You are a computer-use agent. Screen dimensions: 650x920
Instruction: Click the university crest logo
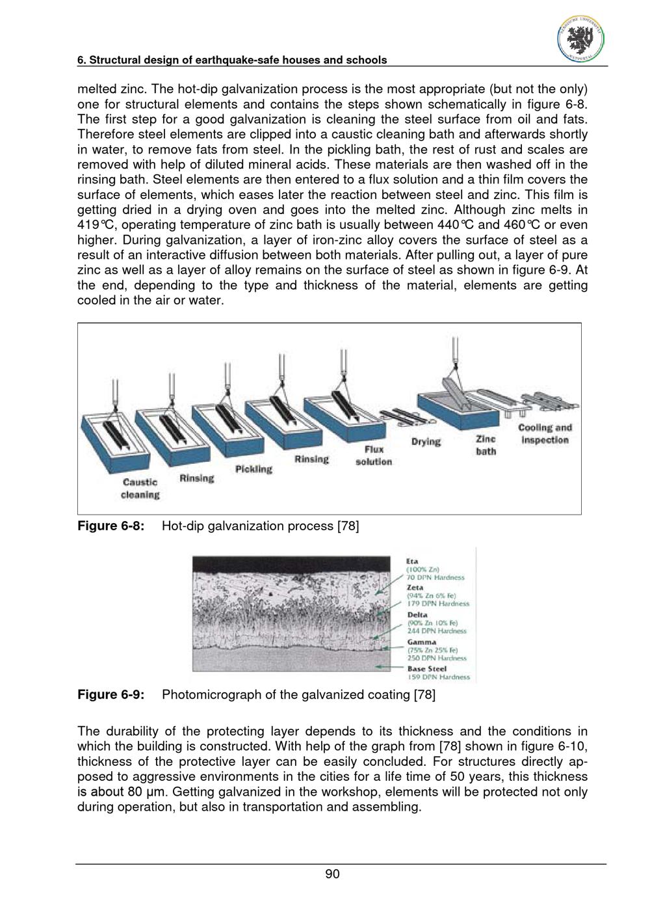click(x=580, y=40)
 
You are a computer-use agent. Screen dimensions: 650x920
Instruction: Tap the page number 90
click(x=332, y=874)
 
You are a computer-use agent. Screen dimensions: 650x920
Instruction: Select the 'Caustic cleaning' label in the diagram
click(x=140, y=489)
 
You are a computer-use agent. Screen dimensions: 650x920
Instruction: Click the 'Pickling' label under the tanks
click(x=253, y=469)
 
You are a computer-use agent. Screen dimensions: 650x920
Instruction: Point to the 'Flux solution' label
click(x=373, y=455)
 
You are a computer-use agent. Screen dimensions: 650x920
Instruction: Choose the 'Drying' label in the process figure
click(x=426, y=442)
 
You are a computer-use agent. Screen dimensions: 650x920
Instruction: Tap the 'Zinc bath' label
click(x=486, y=445)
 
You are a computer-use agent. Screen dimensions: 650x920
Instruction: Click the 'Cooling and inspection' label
click(x=545, y=434)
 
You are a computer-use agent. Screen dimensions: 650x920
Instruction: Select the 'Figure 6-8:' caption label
click(x=110, y=526)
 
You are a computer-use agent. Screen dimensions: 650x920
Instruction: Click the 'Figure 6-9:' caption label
click(x=110, y=694)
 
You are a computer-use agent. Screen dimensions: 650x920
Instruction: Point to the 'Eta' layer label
click(x=412, y=561)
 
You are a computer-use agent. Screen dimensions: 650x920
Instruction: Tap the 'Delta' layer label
click(x=417, y=615)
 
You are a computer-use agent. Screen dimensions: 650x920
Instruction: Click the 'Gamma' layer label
click(x=421, y=642)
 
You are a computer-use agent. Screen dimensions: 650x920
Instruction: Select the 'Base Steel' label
click(x=427, y=669)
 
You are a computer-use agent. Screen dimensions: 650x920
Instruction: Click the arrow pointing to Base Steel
click(x=390, y=667)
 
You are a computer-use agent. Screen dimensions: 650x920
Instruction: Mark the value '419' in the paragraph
click(x=87, y=224)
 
